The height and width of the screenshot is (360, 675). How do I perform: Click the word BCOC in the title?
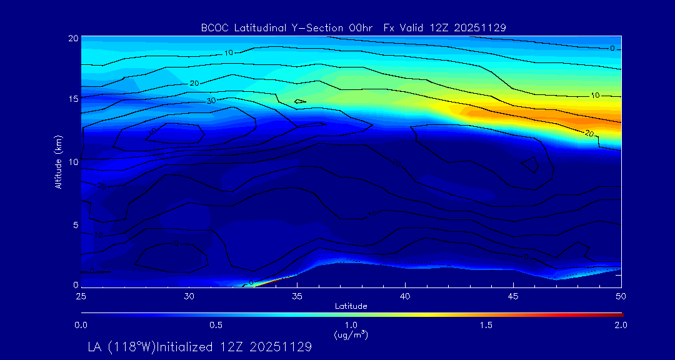[x=214, y=27]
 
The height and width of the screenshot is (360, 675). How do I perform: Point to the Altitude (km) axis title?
[x=58, y=162]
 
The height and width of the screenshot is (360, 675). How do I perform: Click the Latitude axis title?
[x=351, y=306]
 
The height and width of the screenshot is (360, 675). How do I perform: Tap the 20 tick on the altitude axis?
[x=73, y=38]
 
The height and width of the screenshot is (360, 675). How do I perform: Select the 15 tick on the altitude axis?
[x=73, y=99]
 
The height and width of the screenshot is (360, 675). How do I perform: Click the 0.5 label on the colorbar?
[x=216, y=325]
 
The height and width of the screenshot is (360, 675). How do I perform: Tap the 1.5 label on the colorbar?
[x=486, y=325]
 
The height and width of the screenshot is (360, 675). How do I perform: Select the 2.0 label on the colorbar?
[x=621, y=325]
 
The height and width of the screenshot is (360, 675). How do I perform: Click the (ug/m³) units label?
[x=351, y=334]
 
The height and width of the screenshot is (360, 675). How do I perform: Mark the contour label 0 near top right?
[x=612, y=48]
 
